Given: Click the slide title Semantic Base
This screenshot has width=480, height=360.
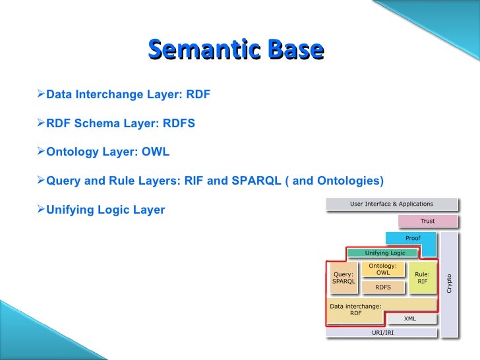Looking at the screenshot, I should point(236,50).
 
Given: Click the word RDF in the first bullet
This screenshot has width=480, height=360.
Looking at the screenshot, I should point(198,94).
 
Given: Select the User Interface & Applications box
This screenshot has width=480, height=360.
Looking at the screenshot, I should point(391,204).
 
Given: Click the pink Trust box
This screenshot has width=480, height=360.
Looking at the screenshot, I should point(427,222).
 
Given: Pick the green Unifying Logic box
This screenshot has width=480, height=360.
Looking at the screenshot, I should point(385,253).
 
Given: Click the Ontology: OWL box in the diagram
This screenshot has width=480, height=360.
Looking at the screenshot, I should point(382,270).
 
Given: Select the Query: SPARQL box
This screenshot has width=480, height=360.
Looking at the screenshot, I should point(343,278).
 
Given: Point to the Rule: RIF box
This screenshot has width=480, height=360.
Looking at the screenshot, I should point(422,278).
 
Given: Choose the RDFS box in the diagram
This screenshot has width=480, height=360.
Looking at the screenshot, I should point(382,287).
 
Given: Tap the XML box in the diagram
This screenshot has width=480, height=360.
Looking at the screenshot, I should point(409,318).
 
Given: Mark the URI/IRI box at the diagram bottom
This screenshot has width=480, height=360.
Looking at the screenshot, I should point(382,332).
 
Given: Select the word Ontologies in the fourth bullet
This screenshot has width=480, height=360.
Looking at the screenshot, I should point(347,181).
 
